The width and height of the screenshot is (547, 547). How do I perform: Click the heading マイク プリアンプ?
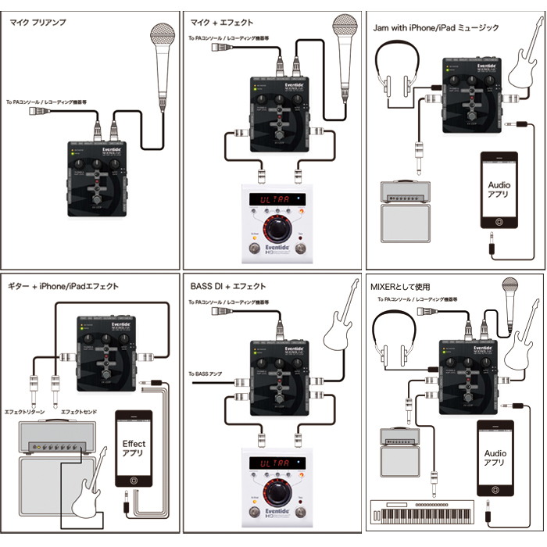click(38, 23)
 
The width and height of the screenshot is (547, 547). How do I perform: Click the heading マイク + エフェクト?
click(222, 23)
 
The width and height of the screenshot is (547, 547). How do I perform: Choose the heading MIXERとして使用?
click(402, 287)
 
